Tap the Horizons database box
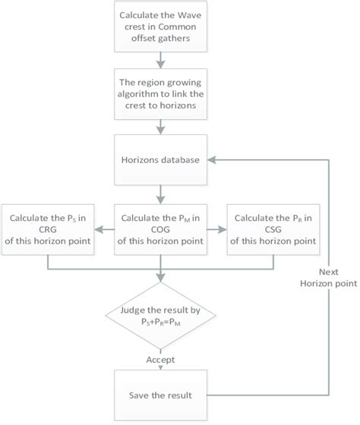tap(160, 160)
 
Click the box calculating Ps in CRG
tap(48, 225)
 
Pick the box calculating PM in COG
tap(160, 225)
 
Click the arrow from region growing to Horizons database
tap(160, 127)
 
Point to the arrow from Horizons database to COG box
tap(160, 194)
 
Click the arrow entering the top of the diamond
tap(160, 277)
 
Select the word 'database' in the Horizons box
tap(178, 160)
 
